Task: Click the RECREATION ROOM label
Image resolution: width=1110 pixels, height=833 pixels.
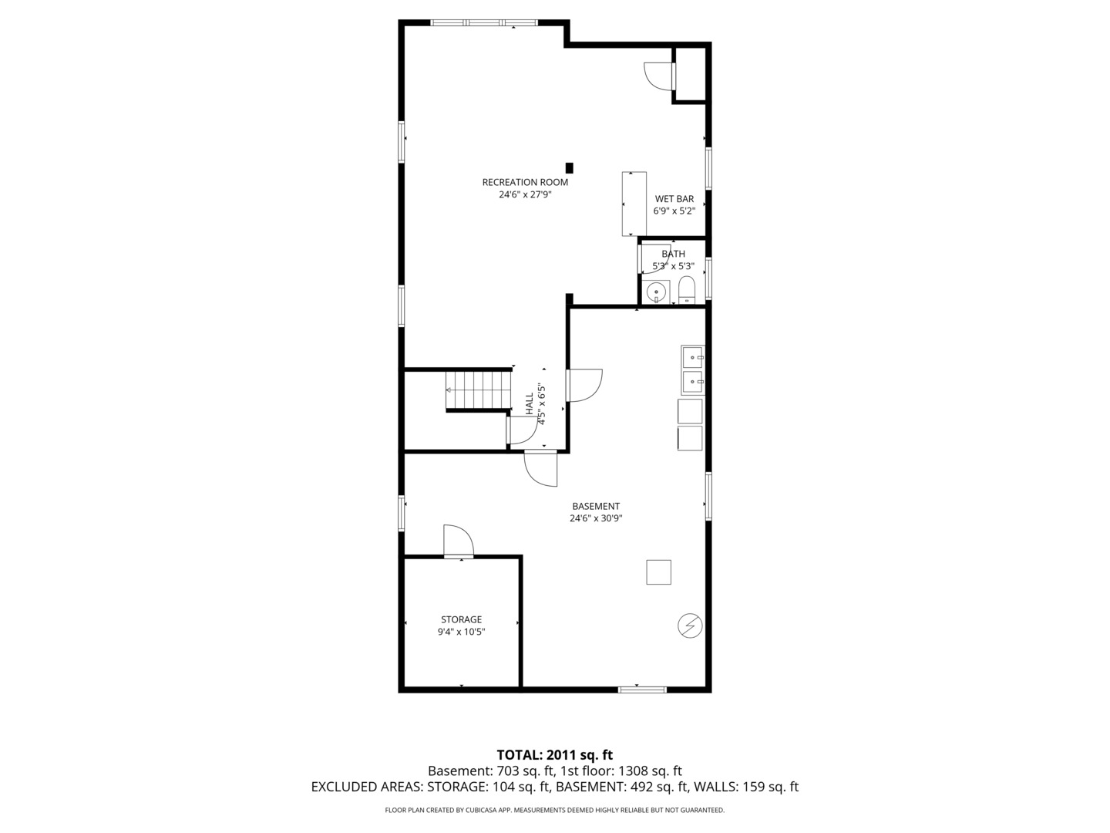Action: click(x=525, y=182)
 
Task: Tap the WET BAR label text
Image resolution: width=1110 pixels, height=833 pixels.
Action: click(x=674, y=199)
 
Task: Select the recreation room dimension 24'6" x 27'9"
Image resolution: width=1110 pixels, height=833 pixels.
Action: click(x=525, y=195)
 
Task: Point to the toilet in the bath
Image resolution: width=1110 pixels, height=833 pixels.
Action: click(x=687, y=290)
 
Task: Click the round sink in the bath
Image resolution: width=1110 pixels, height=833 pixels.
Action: click(x=656, y=292)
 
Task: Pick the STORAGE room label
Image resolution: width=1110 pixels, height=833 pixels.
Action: click(x=461, y=619)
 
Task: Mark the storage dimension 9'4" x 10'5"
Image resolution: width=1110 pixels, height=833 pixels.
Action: click(x=461, y=632)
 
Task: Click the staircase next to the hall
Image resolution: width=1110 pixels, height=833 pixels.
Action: click(x=479, y=390)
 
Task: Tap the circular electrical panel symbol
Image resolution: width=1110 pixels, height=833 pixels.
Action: click(x=690, y=626)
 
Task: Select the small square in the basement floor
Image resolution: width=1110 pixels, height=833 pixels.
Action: click(x=658, y=572)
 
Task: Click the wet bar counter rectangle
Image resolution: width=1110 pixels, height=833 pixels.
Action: click(x=633, y=204)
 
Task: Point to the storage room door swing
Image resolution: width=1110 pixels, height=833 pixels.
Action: click(x=458, y=541)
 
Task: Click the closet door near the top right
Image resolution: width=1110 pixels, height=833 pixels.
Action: click(x=659, y=76)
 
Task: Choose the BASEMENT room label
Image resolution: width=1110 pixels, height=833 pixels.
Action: click(x=596, y=506)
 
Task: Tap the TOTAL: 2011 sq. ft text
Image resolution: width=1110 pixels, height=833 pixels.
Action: click(x=554, y=754)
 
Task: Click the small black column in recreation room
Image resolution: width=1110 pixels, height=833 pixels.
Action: click(x=570, y=167)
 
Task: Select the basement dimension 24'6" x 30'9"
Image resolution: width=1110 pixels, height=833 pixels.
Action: click(x=596, y=518)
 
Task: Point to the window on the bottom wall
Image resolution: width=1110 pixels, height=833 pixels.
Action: click(x=642, y=689)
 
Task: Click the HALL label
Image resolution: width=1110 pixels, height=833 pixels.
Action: click(x=530, y=404)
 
